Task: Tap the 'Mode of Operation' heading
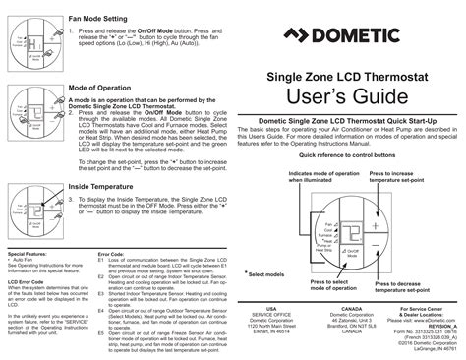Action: [x=102, y=87]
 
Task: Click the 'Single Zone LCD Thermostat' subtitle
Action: [x=339, y=74]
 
